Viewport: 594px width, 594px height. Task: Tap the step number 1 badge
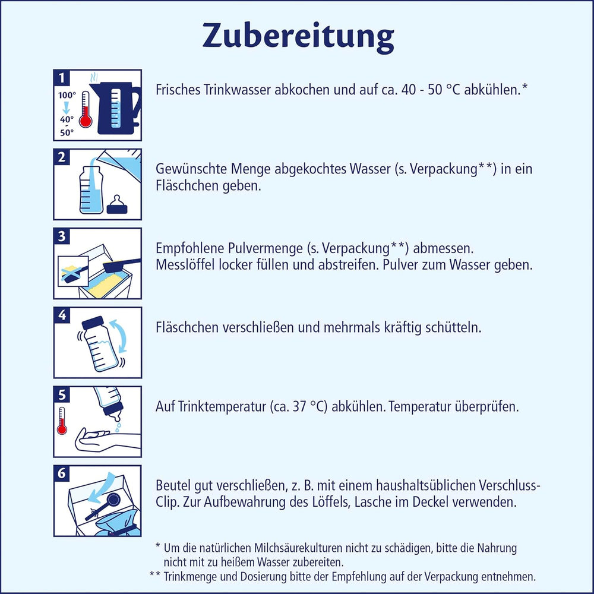click(x=61, y=77)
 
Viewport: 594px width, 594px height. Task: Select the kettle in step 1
click(x=118, y=107)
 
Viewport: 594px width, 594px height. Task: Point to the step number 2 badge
click(x=61, y=157)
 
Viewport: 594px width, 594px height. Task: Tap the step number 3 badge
click(x=61, y=236)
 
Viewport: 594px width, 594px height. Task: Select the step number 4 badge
click(x=61, y=315)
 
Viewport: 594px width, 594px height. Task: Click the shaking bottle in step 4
click(x=97, y=345)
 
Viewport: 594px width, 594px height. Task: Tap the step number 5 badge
click(x=61, y=394)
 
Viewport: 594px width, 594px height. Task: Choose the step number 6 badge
click(x=61, y=473)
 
